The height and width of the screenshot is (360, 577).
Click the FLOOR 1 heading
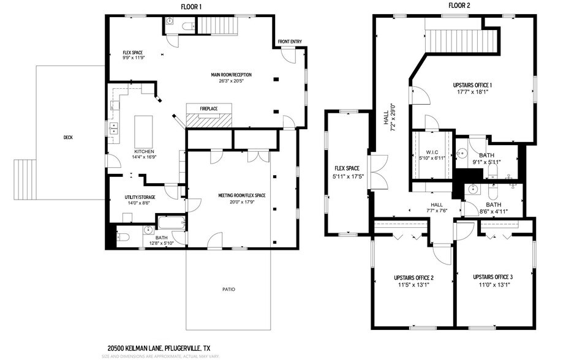tap(192, 6)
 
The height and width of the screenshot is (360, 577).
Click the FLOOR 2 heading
tap(459, 6)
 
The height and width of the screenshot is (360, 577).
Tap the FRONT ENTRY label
tap(290, 42)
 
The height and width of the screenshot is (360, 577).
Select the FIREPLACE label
tap(209, 108)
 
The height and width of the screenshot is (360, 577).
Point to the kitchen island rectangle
tap(143, 128)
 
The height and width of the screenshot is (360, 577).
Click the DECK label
tap(68, 137)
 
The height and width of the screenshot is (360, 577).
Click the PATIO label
tap(228, 289)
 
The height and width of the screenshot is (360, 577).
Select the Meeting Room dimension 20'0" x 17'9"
tap(241, 203)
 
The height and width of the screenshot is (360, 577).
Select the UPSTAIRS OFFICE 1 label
tap(472, 84)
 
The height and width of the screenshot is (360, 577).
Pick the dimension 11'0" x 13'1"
tap(492, 285)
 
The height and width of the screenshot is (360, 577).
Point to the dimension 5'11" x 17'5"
tap(346, 177)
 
